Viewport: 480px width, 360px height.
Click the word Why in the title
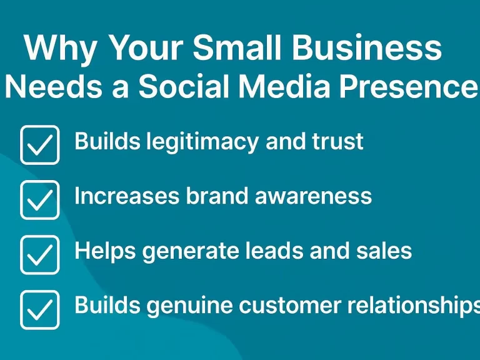[61, 49]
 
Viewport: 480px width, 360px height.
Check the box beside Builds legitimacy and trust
[39, 144]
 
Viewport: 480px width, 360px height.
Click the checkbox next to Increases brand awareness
[39, 199]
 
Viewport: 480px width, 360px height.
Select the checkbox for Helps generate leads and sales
[39, 254]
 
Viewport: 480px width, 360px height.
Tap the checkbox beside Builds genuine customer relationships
[39, 309]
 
